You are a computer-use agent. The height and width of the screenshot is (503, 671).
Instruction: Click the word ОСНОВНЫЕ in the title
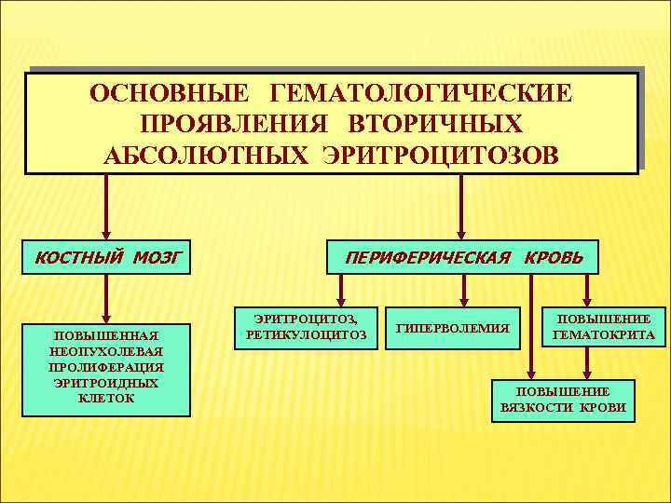(x=168, y=95)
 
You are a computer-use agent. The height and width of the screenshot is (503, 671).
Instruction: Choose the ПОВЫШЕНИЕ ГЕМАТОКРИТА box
(x=603, y=326)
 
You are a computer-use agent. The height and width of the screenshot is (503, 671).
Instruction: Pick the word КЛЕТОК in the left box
(x=107, y=398)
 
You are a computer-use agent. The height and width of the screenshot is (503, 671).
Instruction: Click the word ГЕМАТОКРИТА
(x=603, y=333)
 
